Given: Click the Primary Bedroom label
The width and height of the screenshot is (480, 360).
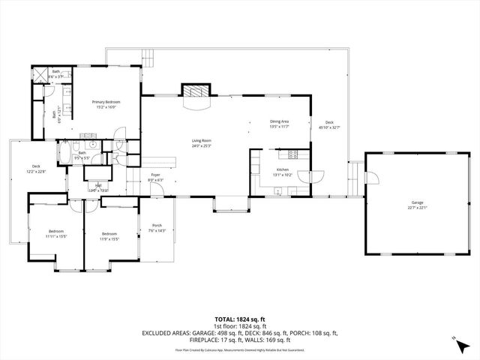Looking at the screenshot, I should pyautogui.click(x=106, y=102).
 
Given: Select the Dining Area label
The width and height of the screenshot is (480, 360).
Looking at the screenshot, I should pyautogui.click(x=279, y=121).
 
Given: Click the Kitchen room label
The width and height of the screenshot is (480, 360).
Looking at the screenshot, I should pyautogui.click(x=282, y=170).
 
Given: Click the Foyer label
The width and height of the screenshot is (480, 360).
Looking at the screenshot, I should pyautogui.click(x=155, y=175).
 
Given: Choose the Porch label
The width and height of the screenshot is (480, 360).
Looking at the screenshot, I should pyautogui.click(x=157, y=226).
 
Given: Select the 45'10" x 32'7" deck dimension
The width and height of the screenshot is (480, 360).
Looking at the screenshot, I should pyautogui.click(x=328, y=128).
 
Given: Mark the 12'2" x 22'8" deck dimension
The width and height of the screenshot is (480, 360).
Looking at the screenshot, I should pyautogui.click(x=36, y=172).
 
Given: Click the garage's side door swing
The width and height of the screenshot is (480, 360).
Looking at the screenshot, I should pyautogui.click(x=369, y=178).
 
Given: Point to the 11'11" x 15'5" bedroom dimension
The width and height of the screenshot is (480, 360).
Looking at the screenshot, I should pyautogui.click(x=56, y=236).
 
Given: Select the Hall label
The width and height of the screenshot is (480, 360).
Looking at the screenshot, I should pyautogui.click(x=97, y=184).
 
